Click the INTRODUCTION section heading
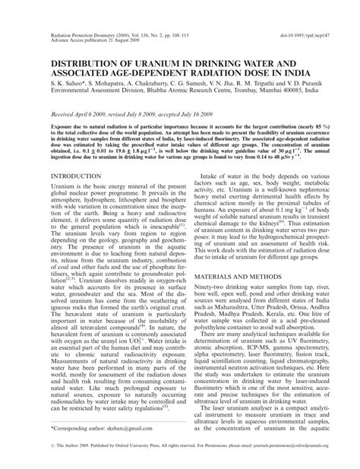tap(75, 197)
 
